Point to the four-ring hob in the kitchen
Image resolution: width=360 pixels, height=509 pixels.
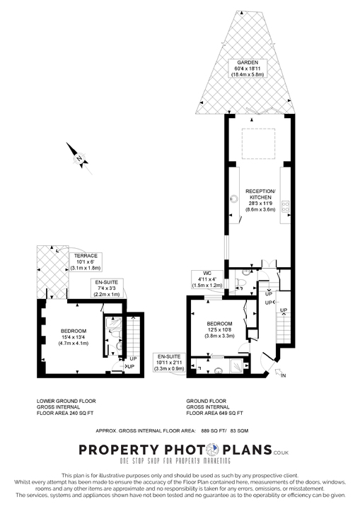point(286,206)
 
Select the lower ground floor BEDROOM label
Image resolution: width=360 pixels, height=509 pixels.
point(74,337)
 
